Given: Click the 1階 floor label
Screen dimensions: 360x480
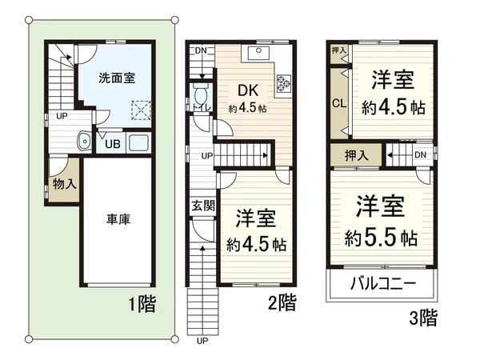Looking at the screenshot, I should tap(140, 304).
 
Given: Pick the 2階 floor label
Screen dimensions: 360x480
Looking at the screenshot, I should tap(282, 302).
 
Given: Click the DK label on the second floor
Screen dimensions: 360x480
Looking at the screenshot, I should tap(246, 90).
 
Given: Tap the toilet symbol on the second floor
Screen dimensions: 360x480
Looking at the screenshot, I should tap(202, 100).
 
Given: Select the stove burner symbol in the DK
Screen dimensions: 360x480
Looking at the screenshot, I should tap(285, 82).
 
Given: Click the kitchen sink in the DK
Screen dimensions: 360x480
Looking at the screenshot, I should tap(261, 54).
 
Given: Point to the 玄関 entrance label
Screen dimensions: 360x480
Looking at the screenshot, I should tap(202, 205).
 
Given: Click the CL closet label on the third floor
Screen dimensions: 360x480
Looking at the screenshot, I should tap(338, 105).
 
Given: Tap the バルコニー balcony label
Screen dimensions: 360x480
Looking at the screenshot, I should tap(382, 284).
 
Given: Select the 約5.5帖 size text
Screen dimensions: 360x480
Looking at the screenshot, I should tap(381, 238).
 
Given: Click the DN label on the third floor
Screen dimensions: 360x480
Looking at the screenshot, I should tap(421, 155).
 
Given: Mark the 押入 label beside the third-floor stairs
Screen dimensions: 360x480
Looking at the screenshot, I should tap(356, 155).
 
